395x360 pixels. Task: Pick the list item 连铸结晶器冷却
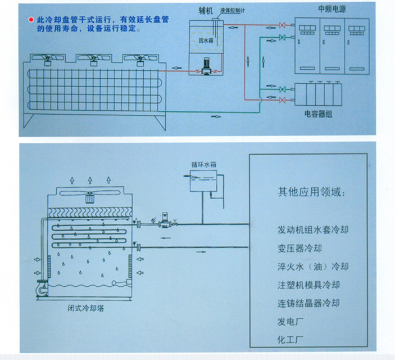click(x=309, y=304)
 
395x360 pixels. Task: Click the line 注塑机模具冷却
click(x=309, y=285)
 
